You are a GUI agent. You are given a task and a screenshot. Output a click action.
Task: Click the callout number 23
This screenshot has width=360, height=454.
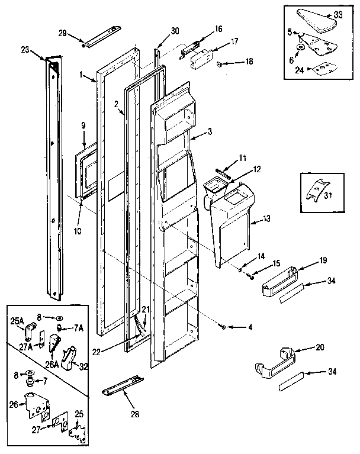pyautogui.click(x=40, y=51)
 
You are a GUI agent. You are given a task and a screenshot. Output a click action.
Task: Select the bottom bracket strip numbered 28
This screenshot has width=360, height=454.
pyautogui.click(x=123, y=384)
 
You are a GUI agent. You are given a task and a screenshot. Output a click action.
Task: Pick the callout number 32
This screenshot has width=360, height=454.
pyautogui.click(x=83, y=366)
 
